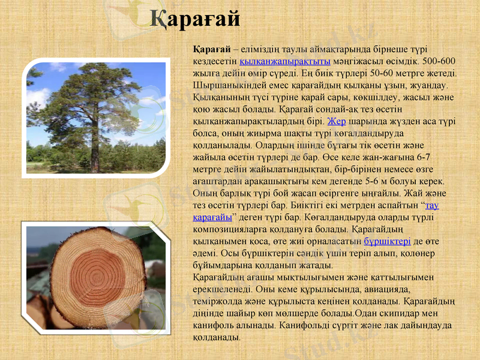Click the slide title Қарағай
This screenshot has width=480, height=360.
[195, 19]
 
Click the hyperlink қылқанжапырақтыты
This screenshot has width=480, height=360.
[285, 61]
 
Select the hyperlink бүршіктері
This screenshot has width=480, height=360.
[387, 241]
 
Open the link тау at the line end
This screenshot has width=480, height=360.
[431, 205]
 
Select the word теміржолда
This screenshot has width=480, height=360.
[218, 301]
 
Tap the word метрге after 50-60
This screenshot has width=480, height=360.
[397, 73]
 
